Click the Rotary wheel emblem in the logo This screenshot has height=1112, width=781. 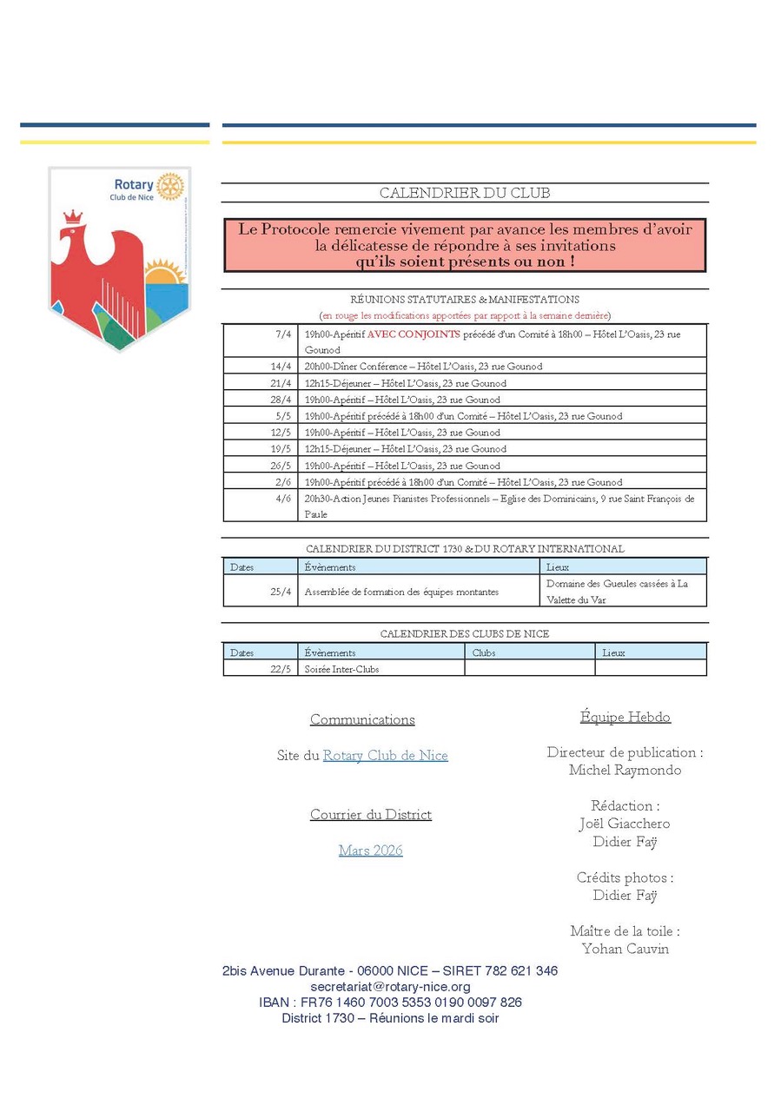(x=171, y=185)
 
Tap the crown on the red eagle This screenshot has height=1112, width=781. (x=73, y=215)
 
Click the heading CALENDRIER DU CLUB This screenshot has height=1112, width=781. (x=465, y=193)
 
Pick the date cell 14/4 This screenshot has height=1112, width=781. (x=281, y=367)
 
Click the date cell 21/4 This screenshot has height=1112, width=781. (x=281, y=383)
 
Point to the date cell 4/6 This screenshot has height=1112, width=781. (x=283, y=499)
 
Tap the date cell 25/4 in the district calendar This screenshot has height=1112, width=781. (x=281, y=592)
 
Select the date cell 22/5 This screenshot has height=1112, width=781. (x=281, y=669)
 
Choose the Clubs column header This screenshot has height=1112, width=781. (x=484, y=652)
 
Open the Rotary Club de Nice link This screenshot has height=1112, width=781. (x=386, y=756)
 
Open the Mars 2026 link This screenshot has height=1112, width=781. (x=371, y=851)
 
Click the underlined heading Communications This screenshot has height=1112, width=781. (x=362, y=719)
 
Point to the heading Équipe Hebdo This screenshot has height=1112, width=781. (x=625, y=717)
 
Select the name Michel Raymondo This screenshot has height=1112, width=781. (x=625, y=770)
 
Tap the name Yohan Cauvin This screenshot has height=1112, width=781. (x=625, y=949)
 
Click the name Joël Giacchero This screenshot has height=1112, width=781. (x=625, y=824)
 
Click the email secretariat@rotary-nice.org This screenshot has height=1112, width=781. (x=390, y=987)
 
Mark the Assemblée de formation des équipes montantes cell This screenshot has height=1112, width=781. (x=401, y=592)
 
